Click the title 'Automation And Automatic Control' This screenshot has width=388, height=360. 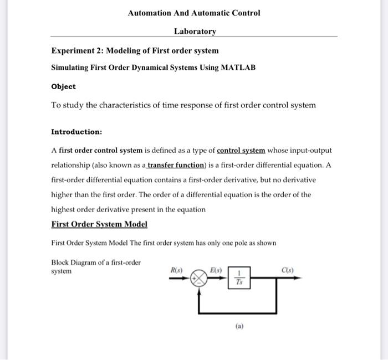click(x=193, y=13)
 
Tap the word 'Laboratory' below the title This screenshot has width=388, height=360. click(x=195, y=32)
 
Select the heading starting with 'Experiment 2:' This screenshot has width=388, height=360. click(x=135, y=51)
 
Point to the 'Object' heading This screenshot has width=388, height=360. click(x=63, y=87)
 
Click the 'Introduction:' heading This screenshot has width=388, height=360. click(x=76, y=132)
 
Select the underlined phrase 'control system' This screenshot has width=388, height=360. click(x=241, y=151)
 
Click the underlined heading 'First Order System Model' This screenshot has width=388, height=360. click(x=99, y=224)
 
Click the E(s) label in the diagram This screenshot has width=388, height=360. click(x=216, y=270)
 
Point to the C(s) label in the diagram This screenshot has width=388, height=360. click(x=287, y=270)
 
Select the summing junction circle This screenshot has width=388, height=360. click(x=198, y=279)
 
